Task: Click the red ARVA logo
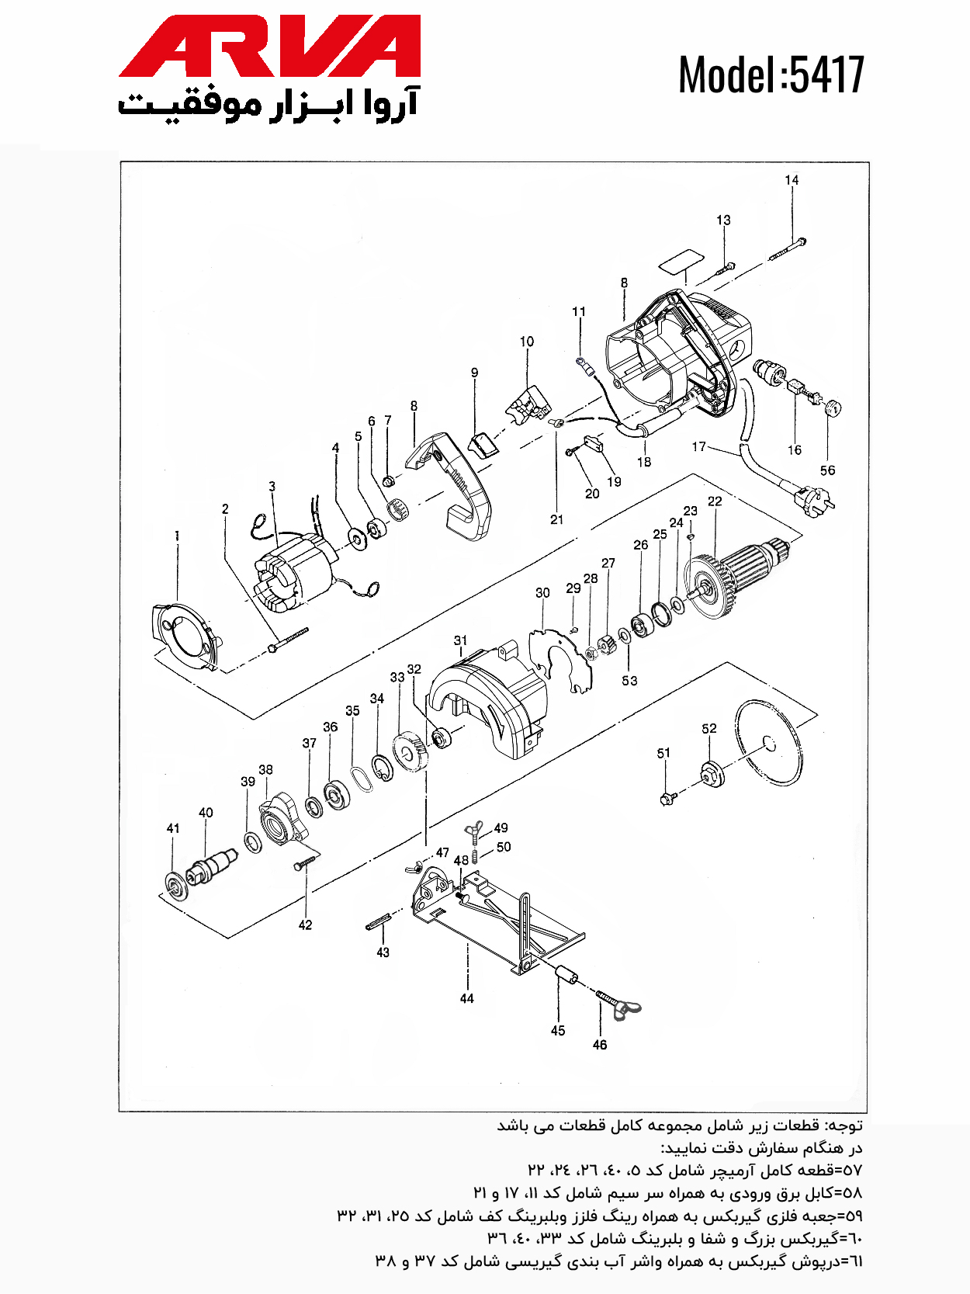coord(270,46)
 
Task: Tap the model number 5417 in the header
coord(826,75)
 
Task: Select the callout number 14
coord(792,180)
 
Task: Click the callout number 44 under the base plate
coord(466,998)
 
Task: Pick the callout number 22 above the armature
coord(714,501)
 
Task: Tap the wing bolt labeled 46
coord(618,1004)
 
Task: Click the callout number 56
coord(827,470)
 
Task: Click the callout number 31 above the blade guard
coord(460,640)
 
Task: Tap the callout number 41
coord(173,828)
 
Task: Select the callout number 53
coord(629,680)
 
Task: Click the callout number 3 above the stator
coord(272,487)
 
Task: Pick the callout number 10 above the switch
coord(527,342)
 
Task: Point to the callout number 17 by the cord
coord(699,447)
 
